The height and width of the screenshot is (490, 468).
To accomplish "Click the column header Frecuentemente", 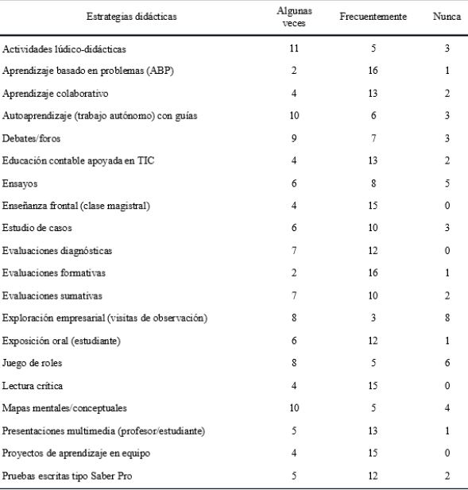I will [x=373, y=17].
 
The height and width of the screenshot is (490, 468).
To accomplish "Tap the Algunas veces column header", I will [x=294, y=17].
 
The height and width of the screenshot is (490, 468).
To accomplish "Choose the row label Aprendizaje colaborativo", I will [x=55, y=94].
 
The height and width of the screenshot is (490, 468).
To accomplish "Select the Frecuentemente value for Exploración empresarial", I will [x=373, y=318].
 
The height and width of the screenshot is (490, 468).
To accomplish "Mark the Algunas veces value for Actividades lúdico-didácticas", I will [x=294, y=49].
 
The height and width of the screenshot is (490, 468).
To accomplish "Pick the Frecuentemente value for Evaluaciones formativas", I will [x=373, y=273].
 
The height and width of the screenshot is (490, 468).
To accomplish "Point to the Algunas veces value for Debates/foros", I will [x=294, y=139].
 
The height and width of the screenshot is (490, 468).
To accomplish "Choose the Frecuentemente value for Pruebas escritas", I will [x=373, y=476].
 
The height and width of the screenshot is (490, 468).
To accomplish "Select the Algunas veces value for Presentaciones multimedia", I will [x=294, y=431].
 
